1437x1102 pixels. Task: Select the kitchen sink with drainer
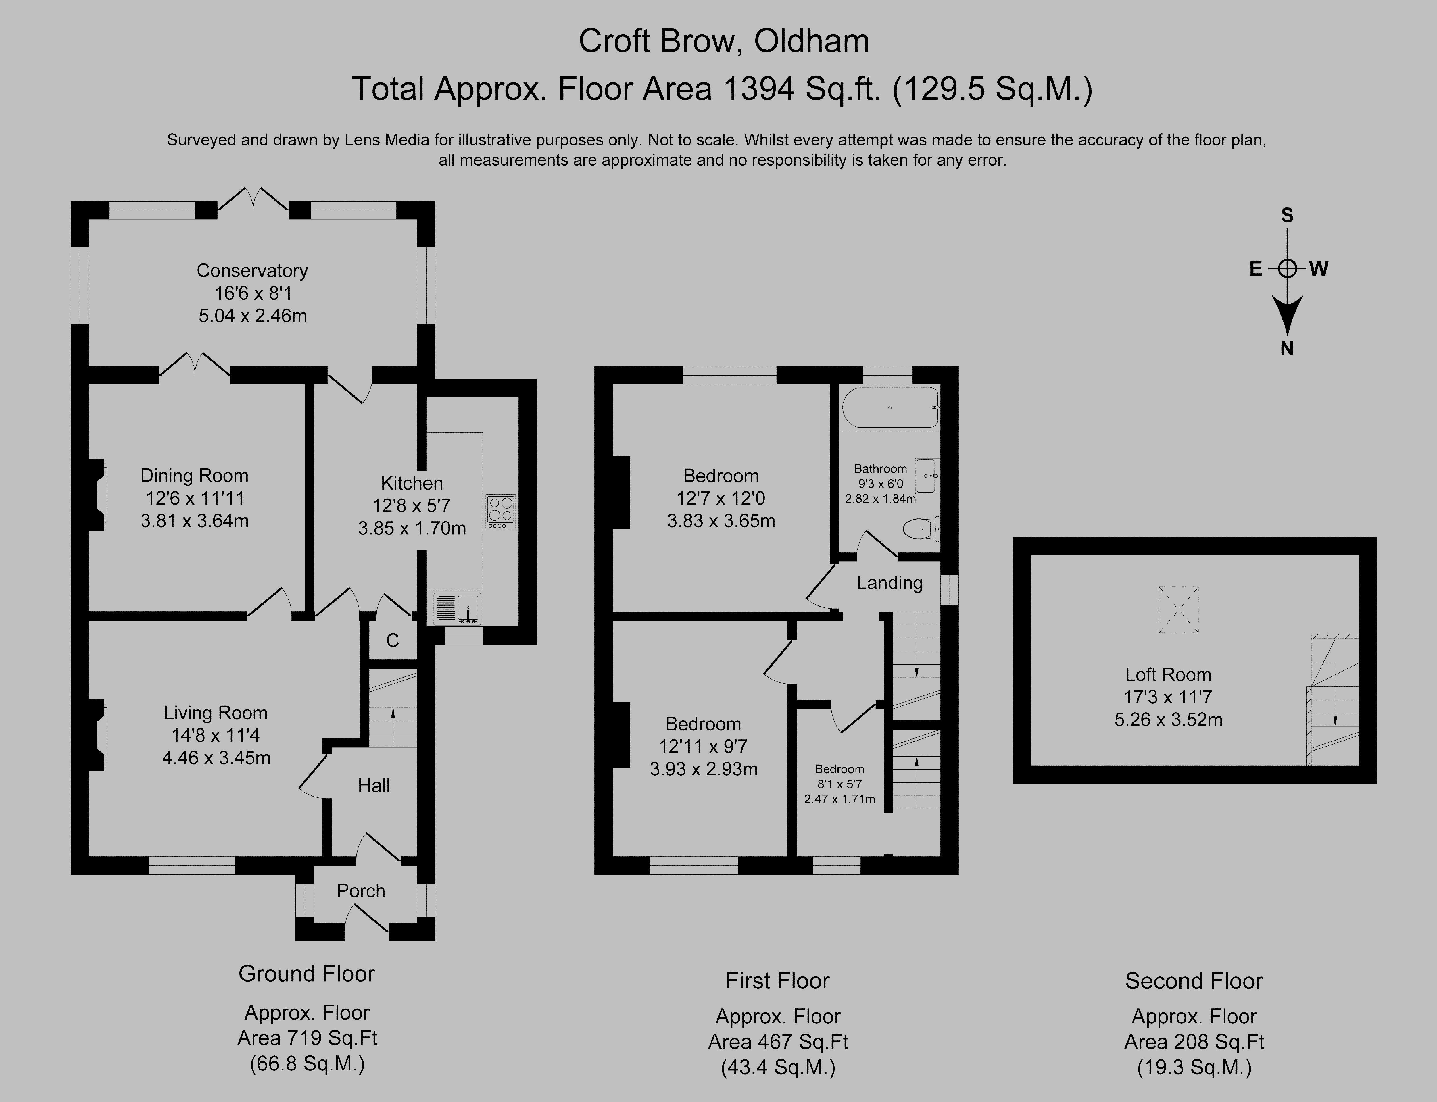(x=457, y=608)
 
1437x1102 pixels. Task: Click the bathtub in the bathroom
(x=890, y=407)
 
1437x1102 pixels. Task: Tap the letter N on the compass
(x=1287, y=349)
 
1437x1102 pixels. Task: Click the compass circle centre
(x=1287, y=268)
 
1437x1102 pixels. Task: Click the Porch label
(x=361, y=890)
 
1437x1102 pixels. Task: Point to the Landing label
(x=889, y=582)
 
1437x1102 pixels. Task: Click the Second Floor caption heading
(x=1194, y=981)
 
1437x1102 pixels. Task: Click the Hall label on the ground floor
(x=374, y=785)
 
